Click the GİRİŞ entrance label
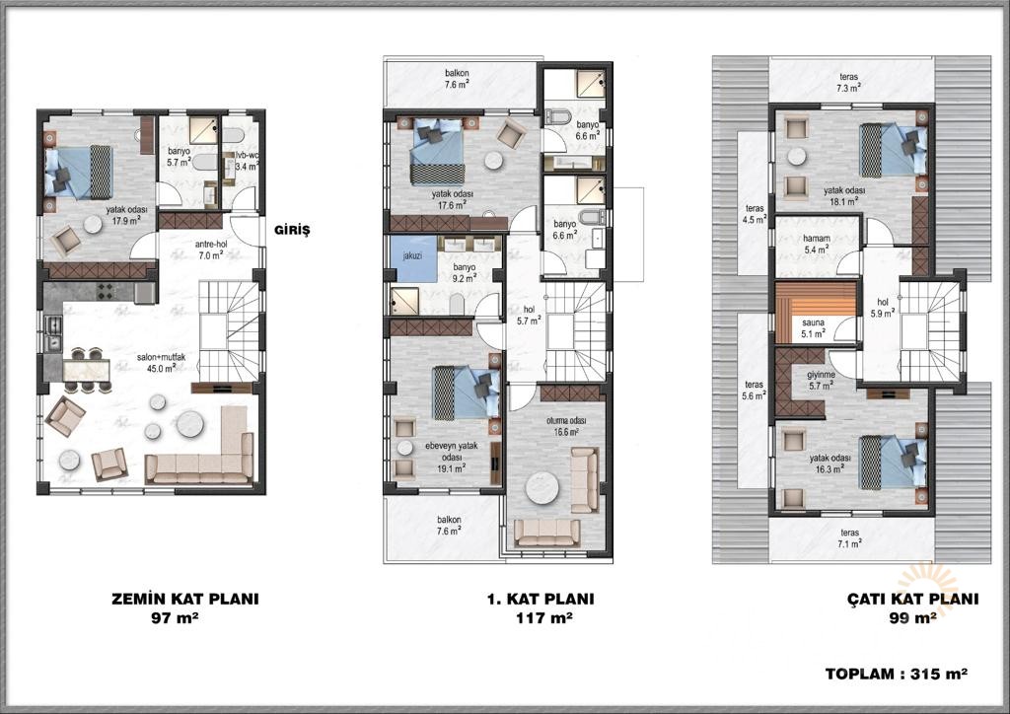(292, 231)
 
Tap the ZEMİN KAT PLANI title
(185, 599)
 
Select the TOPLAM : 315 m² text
(897, 675)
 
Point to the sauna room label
(814, 328)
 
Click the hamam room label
(817, 244)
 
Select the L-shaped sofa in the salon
(201, 448)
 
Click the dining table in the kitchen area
(87, 371)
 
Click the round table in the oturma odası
(544, 489)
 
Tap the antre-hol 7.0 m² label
(211, 250)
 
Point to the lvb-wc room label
(246, 161)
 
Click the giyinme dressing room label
(822, 380)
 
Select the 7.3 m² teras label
(849, 82)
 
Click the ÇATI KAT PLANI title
(912, 599)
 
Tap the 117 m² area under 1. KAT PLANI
(544, 618)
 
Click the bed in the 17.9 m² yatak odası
(79, 173)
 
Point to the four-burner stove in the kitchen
(105, 292)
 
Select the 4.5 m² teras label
(755, 214)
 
